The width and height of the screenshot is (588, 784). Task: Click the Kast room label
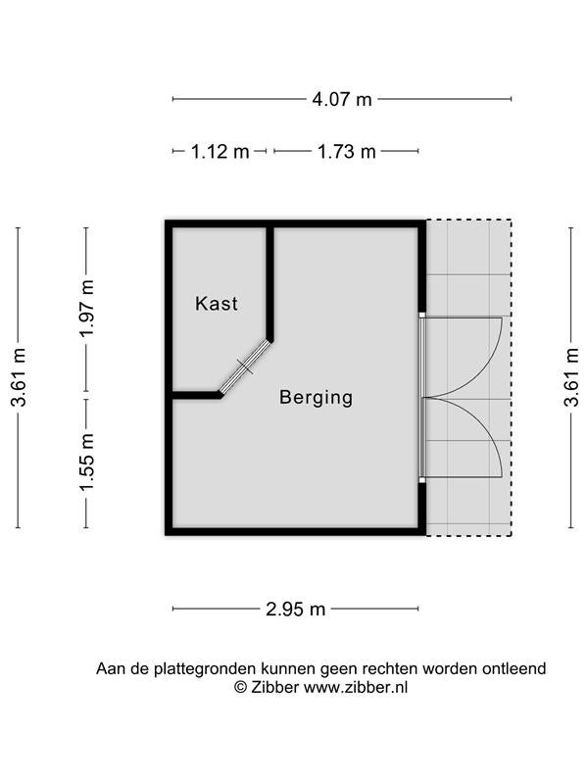[x=216, y=304]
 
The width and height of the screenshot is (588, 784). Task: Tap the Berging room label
[x=316, y=398]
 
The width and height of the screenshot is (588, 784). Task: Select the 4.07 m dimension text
[x=342, y=99]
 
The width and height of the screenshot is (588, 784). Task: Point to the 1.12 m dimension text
[x=220, y=151]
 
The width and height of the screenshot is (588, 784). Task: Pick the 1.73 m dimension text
[x=347, y=151]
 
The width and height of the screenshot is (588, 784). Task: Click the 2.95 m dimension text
[x=296, y=609]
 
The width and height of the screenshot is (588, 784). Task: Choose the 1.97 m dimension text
[x=87, y=309]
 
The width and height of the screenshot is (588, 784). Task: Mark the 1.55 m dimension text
[x=87, y=463]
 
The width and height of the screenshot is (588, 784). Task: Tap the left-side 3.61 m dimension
[x=19, y=377]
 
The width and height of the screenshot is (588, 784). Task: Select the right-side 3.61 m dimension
[x=571, y=377]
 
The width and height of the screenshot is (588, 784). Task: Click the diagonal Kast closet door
[x=245, y=367]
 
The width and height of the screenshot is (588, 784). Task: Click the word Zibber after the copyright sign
[x=275, y=687]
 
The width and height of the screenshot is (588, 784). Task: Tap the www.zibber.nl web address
[x=356, y=687]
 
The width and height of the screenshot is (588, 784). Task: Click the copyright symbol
[x=240, y=688]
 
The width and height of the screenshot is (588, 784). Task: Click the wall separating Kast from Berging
[x=270, y=283]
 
